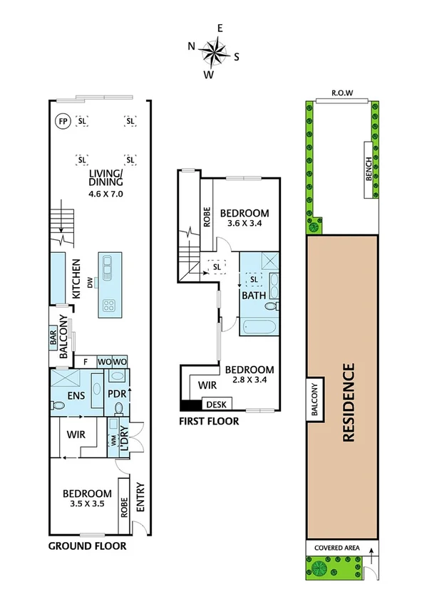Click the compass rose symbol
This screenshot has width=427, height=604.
213,51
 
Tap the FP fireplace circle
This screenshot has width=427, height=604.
63,122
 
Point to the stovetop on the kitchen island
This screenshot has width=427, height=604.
110,306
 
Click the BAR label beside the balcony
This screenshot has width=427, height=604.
53,339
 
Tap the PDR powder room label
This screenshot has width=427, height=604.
116,392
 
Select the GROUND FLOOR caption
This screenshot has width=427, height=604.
87,546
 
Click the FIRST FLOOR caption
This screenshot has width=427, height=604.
209,421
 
